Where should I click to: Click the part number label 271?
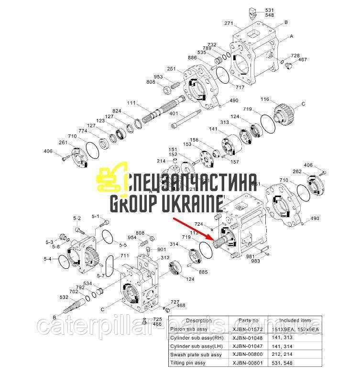pyautogui.click(x=228, y=23)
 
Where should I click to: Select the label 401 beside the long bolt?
pyautogui.click(x=173, y=113)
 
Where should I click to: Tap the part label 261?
pyautogui.click(x=62, y=143)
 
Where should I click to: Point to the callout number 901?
pyautogui.click(x=161, y=249)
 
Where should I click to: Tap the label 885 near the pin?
pyautogui.click(x=203, y=272)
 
